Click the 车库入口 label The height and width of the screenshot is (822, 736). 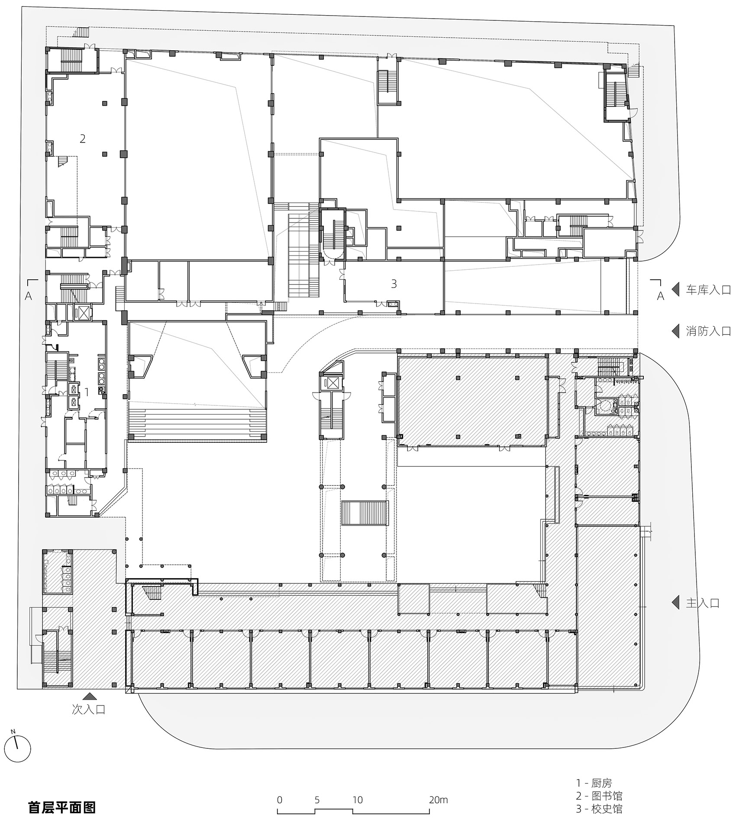[x=708, y=290]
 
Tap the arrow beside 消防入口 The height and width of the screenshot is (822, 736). [x=675, y=331]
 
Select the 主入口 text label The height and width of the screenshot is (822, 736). [x=702, y=603]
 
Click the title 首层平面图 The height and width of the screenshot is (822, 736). [x=62, y=807]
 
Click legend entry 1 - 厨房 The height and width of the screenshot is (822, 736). [x=594, y=783]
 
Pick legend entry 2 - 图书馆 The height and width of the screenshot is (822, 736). [x=599, y=796]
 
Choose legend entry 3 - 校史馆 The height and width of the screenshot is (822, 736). [x=599, y=808]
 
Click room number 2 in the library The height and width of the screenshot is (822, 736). [x=83, y=139]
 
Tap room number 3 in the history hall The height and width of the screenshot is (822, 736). [x=394, y=284]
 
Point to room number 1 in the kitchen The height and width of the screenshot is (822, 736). [x=87, y=392]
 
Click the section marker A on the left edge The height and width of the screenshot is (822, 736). [x=29, y=296]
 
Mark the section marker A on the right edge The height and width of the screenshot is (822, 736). [x=660, y=296]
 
